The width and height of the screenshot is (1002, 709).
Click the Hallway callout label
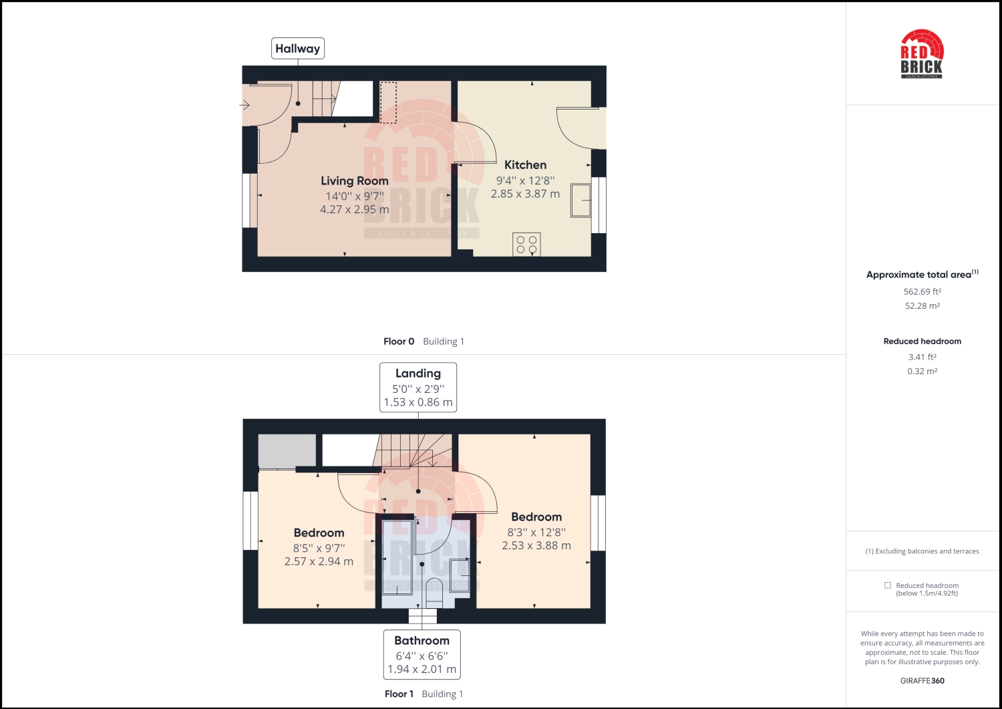[297, 48]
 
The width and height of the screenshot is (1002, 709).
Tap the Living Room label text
[354, 181]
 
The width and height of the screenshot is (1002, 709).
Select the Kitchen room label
[525, 165]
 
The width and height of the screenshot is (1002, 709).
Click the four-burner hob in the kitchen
[526, 245]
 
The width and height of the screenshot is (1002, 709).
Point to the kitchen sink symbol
[580, 200]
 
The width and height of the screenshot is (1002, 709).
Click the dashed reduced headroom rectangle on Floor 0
[388, 102]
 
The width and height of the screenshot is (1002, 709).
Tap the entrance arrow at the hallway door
[245, 105]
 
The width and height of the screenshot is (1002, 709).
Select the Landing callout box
[418, 387]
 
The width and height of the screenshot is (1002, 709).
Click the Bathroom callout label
[422, 654]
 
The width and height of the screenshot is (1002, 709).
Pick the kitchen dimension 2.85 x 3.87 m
[525, 194]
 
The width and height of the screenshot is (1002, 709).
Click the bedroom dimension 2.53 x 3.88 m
[536, 546]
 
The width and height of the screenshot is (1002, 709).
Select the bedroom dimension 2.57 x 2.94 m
[319, 562]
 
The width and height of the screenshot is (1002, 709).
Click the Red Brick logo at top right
[922, 54]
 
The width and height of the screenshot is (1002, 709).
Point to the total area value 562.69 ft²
[922, 292]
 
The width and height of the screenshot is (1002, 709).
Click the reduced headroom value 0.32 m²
[922, 372]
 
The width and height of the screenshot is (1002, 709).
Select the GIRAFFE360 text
[922, 681]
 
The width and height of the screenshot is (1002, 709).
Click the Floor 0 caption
[399, 341]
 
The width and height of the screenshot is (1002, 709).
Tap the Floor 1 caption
[399, 694]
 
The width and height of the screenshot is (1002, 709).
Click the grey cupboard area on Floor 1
[287, 450]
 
